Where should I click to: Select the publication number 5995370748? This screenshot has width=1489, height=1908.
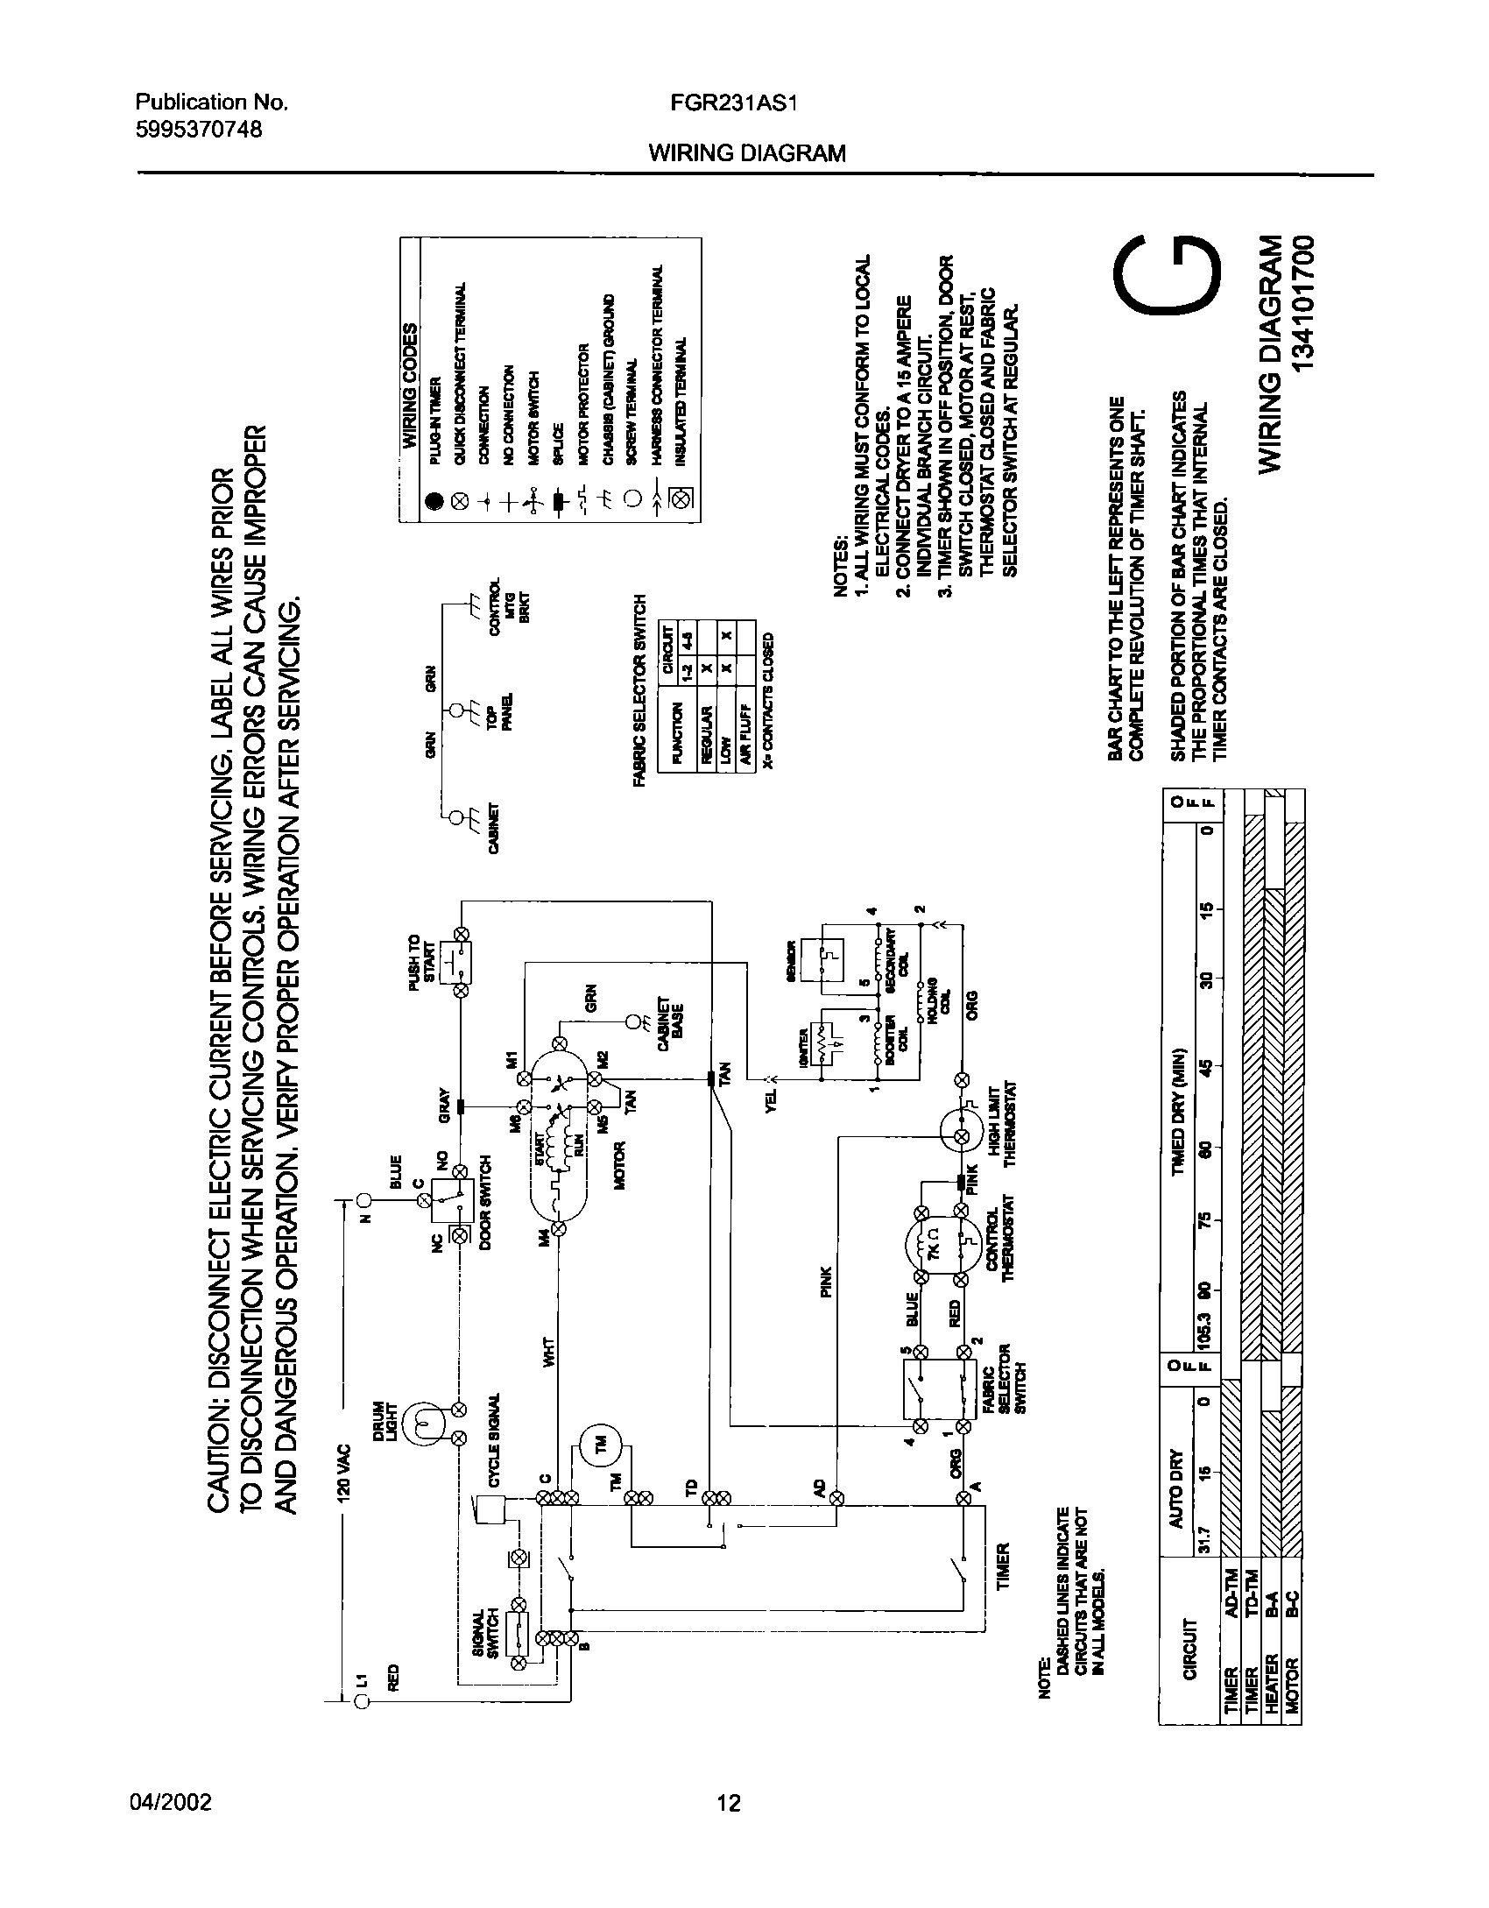[x=200, y=129]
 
